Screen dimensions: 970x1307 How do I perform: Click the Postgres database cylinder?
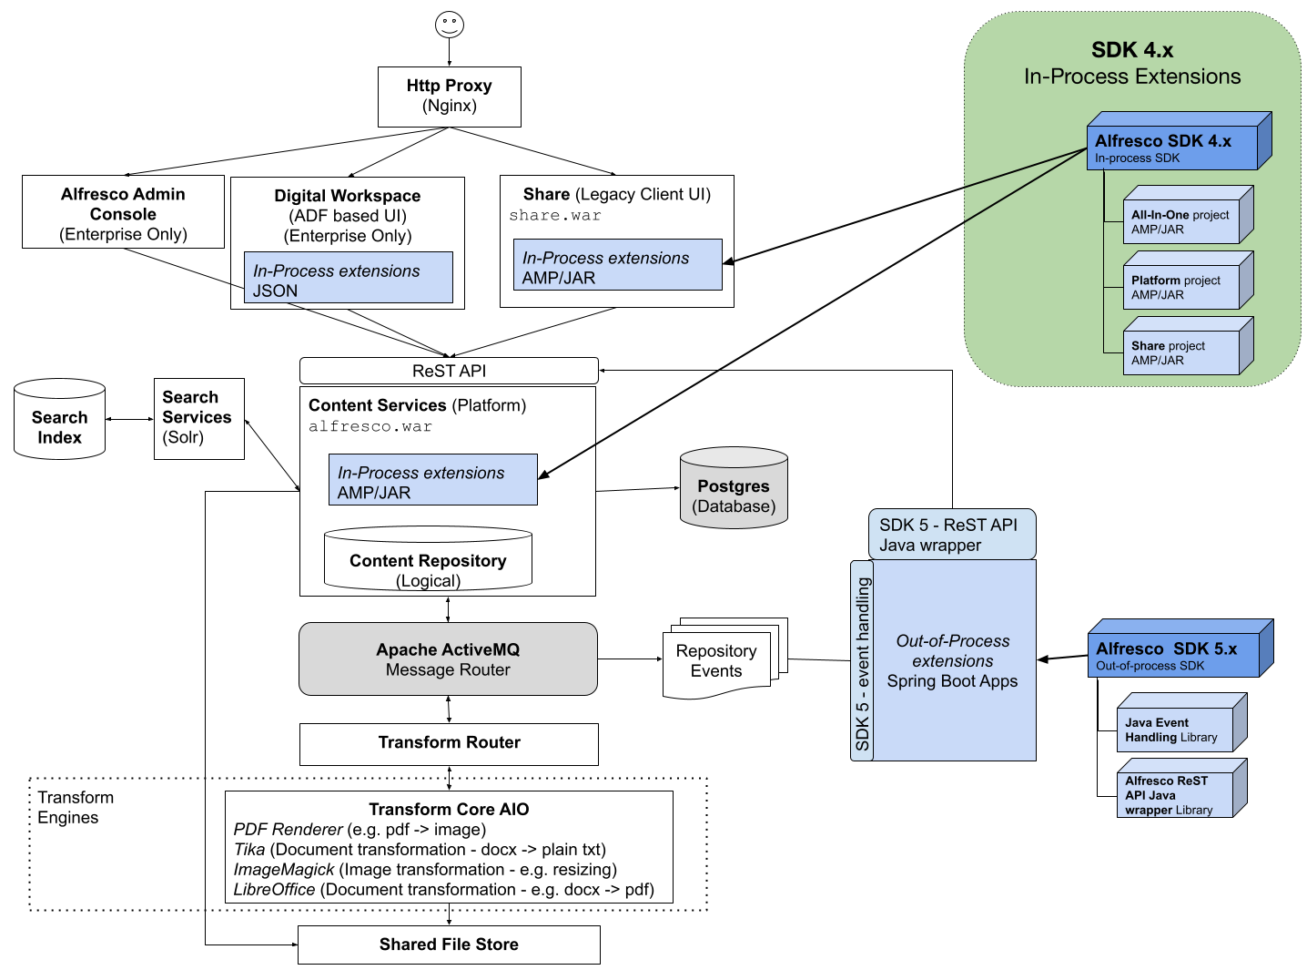pyautogui.click(x=734, y=488)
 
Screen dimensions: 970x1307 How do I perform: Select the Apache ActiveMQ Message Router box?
pyautogui.click(x=448, y=659)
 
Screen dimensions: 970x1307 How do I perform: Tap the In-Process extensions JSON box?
pyautogui.click(x=348, y=278)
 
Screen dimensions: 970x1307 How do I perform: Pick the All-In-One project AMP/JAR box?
pyautogui.click(x=1181, y=221)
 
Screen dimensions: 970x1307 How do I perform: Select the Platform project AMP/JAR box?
pyautogui.click(x=1181, y=287)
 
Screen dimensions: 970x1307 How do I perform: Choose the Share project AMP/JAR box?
pyautogui.click(x=1181, y=352)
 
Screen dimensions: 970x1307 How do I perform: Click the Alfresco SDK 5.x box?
pyautogui.click(x=1174, y=655)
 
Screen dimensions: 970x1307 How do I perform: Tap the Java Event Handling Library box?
pyautogui.click(x=1175, y=730)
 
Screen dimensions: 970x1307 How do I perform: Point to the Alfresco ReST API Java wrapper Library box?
pyautogui.click(x=1175, y=794)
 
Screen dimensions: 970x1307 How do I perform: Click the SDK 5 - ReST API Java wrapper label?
pyautogui.click(x=952, y=535)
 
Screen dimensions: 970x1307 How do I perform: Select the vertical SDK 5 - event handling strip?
pyautogui.click(x=862, y=661)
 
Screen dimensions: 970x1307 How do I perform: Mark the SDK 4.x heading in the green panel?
pyautogui.click(x=1132, y=50)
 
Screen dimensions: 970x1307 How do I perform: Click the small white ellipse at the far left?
pyautogui.click(x=59, y=389)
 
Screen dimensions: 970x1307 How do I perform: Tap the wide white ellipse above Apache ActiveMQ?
pyautogui.click(x=428, y=535)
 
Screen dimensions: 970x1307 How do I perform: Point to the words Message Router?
pyautogui.click(x=448, y=670)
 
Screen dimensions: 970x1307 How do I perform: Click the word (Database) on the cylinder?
pyautogui.click(x=734, y=506)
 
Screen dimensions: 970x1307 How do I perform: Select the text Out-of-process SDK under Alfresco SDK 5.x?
pyautogui.click(x=1150, y=666)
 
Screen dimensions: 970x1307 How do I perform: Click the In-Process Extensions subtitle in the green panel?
pyautogui.click(x=1132, y=77)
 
